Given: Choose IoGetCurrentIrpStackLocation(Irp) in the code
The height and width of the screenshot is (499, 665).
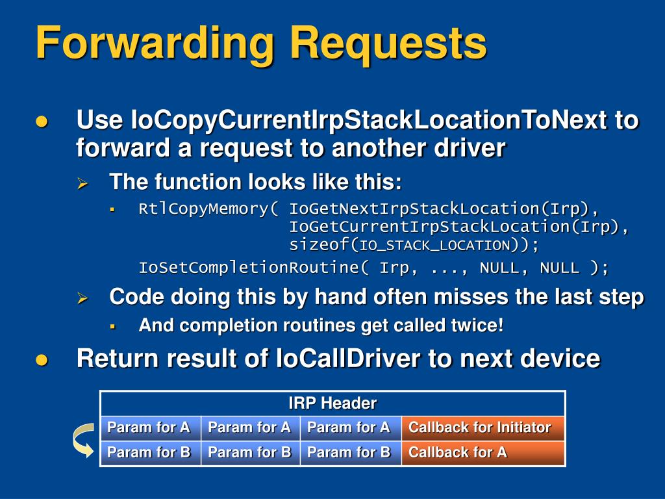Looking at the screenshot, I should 459,227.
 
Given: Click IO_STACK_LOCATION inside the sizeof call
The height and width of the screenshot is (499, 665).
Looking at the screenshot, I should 434,246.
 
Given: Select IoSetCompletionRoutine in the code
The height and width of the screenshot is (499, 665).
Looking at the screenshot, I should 253,268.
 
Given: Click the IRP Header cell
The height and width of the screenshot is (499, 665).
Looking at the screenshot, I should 332,403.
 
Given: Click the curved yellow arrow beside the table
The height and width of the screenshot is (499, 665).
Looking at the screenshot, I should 82,441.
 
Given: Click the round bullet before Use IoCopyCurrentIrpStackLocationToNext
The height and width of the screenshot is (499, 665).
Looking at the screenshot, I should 42,122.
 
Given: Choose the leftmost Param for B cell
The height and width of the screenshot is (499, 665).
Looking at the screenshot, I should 149,452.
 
